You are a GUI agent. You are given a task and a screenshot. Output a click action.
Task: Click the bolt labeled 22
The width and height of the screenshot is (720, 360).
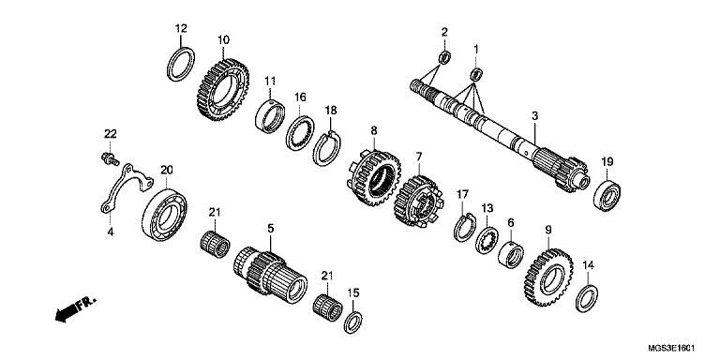tap(110, 159)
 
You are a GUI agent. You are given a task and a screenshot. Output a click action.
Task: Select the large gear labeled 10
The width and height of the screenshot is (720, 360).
tap(223, 90)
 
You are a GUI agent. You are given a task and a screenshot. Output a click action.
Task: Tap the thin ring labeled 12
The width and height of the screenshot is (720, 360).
tap(180, 65)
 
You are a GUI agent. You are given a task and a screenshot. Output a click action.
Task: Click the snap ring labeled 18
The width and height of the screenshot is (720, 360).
tap(326, 148)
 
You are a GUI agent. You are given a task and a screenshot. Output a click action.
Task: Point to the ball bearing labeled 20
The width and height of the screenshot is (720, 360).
tap(164, 215)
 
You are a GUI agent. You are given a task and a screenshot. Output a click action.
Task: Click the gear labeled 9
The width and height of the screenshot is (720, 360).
tap(548, 277)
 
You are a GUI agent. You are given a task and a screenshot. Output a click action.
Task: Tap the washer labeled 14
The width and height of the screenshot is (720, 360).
tap(587, 298)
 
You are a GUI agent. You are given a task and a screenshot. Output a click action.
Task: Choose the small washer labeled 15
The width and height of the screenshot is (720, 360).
tap(352, 322)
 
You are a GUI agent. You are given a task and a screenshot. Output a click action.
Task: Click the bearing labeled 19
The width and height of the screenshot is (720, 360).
tap(607, 196)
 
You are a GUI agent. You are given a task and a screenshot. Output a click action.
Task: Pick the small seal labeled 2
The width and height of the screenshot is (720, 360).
tap(444, 57)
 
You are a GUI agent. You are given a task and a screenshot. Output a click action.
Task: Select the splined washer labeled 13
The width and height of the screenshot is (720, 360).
tap(487, 241)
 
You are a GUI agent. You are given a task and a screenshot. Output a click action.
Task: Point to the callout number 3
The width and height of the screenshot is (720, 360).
tap(534, 115)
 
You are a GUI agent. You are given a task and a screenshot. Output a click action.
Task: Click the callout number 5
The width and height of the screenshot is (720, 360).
tap(270, 228)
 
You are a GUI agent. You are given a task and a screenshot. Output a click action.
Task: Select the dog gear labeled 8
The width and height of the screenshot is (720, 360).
tap(373, 178)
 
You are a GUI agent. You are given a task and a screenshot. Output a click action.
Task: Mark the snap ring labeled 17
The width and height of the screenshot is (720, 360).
tap(465, 227)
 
